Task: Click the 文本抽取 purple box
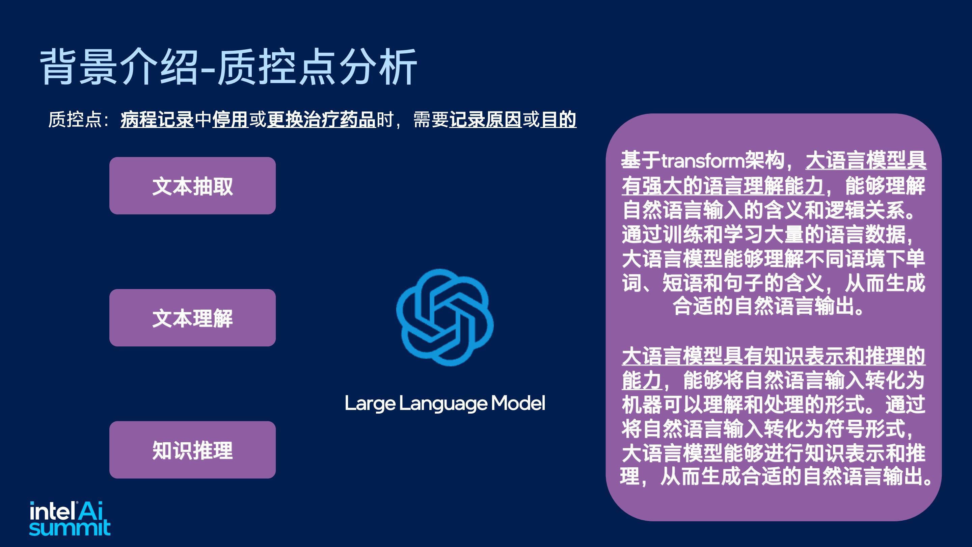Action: (x=192, y=186)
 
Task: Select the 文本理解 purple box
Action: (x=192, y=318)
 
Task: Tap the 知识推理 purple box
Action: (x=192, y=450)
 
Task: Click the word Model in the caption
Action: (x=518, y=403)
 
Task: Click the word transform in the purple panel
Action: (x=703, y=161)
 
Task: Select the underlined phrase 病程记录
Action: (x=157, y=120)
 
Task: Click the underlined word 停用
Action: (x=230, y=120)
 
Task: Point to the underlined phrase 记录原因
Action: (x=486, y=120)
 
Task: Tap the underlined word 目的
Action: (x=559, y=120)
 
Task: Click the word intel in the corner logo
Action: (x=52, y=511)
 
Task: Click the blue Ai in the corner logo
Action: (x=90, y=511)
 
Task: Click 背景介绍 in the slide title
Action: (x=119, y=67)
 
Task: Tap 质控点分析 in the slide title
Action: (x=318, y=67)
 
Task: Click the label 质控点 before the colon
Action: (x=75, y=120)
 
